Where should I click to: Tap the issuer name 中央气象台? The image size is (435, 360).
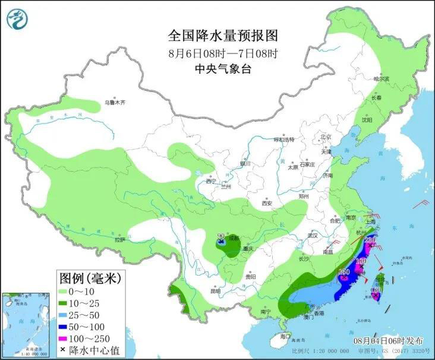pyautogui.click(x=215, y=69)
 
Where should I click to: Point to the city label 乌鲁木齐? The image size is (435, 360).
pyautogui.click(x=115, y=102)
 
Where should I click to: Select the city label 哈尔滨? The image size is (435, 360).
pyautogui.click(x=380, y=78)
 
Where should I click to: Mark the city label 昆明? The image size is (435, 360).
pyautogui.click(x=215, y=291)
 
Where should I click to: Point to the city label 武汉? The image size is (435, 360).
pyautogui.click(x=311, y=236)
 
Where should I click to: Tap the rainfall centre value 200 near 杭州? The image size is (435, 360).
pyautogui.click(x=370, y=240)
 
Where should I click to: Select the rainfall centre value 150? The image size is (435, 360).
pyautogui.click(x=343, y=272)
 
